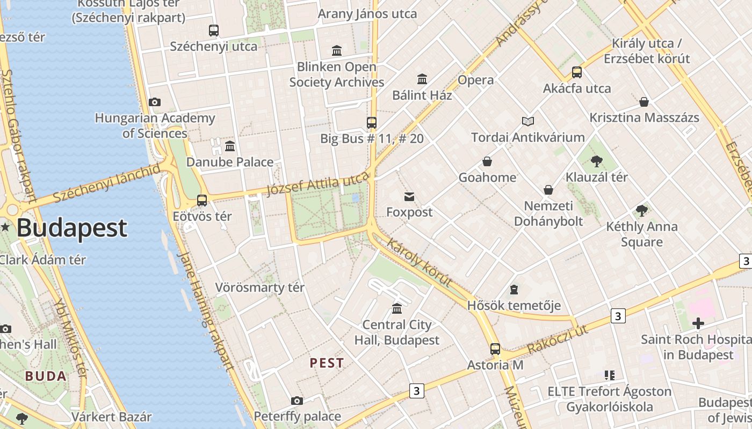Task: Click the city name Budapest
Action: pos(72,228)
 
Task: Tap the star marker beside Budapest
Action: pos(5,227)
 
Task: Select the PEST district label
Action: pos(327,363)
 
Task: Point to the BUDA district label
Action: pos(46,376)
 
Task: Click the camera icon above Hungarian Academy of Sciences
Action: pos(155,102)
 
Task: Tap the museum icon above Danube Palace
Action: pos(230,146)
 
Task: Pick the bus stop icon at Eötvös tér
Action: pos(202,201)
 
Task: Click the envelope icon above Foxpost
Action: pos(409,197)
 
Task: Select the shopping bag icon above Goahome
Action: pos(487,161)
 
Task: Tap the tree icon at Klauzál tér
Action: pos(596,161)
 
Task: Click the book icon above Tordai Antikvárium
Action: pos(528,122)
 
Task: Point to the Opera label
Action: pos(475,80)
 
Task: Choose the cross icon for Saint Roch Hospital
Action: pos(698,323)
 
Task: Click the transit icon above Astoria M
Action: pos(495,349)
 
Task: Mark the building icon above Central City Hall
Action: pos(397,308)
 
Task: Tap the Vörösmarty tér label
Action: pos(260,287)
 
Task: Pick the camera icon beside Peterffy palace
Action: pos(297,401)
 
